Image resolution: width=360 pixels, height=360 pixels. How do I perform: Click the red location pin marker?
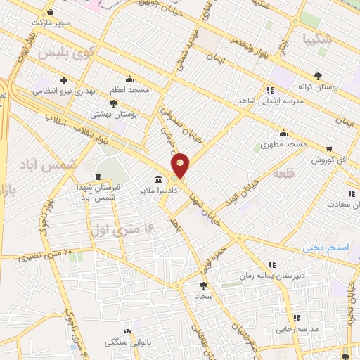[x=181, y=165]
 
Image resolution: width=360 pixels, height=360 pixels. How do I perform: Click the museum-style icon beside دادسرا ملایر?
[x=159, y=179]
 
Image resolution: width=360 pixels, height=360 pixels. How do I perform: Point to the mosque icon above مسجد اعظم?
[x=129, y=79]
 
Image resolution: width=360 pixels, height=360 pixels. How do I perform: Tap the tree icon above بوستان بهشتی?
[x=113, y=103]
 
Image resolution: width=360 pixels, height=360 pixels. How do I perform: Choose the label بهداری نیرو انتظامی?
[x=64, y=92]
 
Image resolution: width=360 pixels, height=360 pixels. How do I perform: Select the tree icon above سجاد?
[x=204, y=285]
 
